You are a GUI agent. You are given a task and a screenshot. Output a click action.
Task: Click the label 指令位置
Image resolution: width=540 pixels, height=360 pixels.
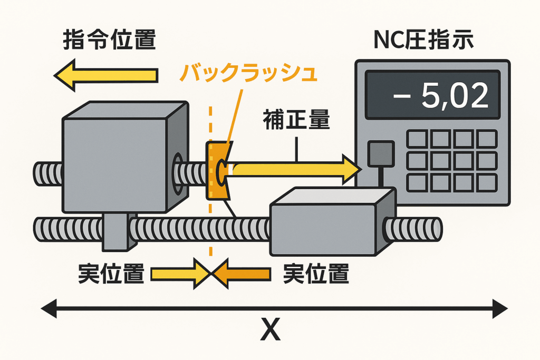point(110,40)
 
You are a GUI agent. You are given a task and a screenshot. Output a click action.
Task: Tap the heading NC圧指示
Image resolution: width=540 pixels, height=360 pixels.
point(423,40)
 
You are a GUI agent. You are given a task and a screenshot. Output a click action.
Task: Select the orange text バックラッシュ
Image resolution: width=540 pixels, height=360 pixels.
point(248,73)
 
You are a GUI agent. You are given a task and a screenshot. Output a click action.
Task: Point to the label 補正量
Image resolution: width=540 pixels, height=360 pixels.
point(296,120)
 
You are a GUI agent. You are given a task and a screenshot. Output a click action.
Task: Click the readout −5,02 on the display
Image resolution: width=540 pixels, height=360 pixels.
point(441,95)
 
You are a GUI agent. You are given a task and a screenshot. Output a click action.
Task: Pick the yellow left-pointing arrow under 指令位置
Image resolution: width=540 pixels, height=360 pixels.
point(105,75)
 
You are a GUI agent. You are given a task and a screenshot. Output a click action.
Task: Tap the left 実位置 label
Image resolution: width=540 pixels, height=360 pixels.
point(111,274)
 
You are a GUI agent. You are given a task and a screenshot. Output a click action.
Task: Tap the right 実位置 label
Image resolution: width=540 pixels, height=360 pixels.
point(316,274)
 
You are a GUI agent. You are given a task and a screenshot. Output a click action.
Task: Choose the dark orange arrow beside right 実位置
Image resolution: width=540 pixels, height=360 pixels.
point(241,274)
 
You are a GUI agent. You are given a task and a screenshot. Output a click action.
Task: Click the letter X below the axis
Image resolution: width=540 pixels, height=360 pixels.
point(271,329)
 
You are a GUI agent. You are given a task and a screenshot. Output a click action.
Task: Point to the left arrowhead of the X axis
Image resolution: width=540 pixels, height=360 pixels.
point(49,308)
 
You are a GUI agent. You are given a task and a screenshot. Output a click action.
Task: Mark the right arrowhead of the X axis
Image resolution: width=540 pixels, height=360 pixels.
point(500,308)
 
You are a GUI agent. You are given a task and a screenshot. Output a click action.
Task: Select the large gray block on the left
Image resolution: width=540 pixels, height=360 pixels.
point(125,157)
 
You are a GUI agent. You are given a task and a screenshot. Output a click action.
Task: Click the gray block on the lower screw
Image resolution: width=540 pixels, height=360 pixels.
point(333,221)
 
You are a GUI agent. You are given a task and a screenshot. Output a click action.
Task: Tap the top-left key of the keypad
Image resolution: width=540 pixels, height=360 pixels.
point(417,139)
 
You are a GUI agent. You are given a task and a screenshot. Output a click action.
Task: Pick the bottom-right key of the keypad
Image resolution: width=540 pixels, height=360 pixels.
point(487,183)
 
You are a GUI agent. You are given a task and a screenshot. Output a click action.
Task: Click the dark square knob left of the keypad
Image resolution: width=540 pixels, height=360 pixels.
point(381,154)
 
